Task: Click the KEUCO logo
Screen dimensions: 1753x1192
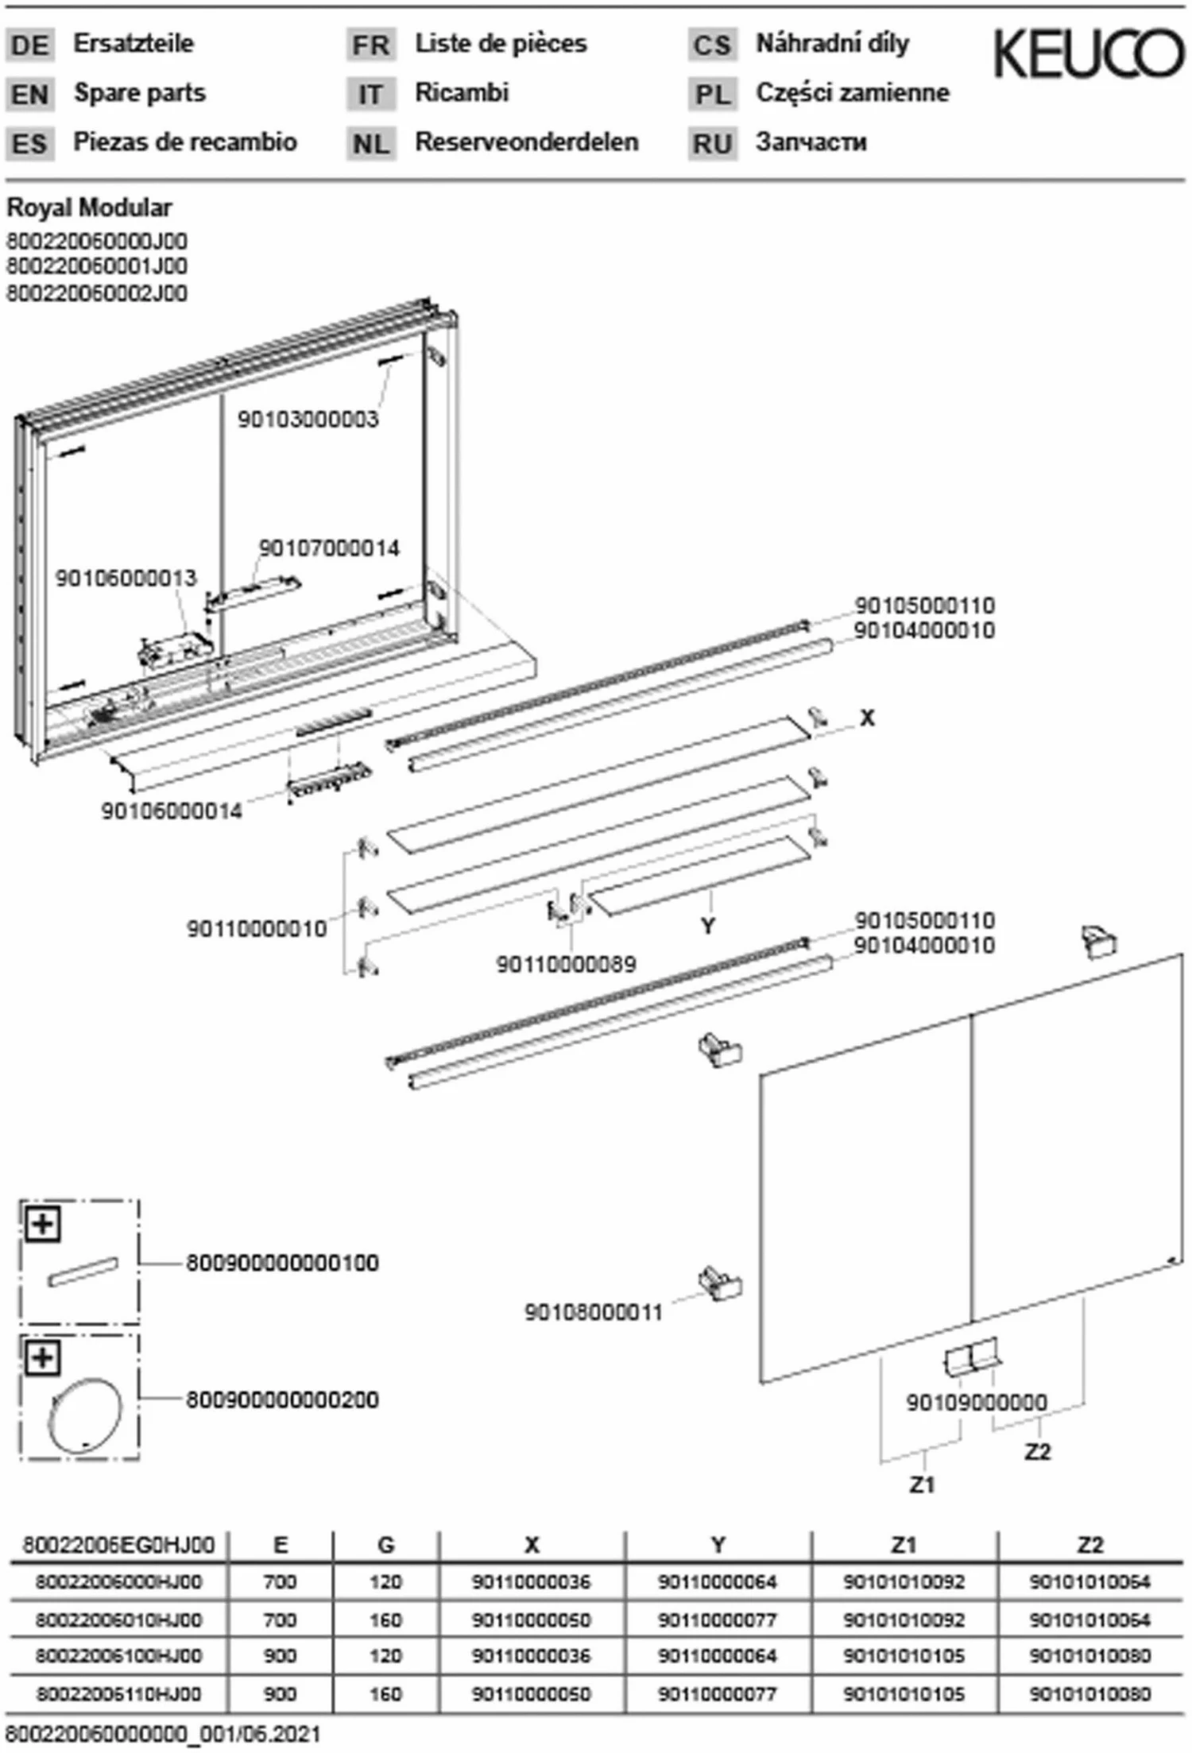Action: [1088, 54]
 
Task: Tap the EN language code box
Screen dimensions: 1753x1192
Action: [30, 95]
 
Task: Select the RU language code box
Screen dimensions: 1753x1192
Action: [712, 144]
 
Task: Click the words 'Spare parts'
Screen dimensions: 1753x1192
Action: [140, 93]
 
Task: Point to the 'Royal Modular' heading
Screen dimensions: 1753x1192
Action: [89, 208]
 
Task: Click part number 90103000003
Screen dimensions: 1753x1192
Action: [308, 419]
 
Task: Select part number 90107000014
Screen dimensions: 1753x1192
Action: [329, 548]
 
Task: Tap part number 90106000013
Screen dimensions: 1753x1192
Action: [126, 578]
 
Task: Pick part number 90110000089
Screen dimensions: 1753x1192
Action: [566, 964]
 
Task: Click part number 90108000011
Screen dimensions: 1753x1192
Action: [593, 1313]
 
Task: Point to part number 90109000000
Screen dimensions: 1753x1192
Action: [976, 1403]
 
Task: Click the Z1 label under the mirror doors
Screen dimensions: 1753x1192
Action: [922, 1484]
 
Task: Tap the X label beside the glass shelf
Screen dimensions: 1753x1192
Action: [867, 718]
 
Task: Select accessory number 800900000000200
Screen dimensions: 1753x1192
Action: [282, 1399]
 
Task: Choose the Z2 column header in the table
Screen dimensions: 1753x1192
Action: [1089, 1544]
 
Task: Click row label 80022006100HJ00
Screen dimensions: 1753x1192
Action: [118, 1656]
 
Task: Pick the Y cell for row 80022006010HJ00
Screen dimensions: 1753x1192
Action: [717, 1619]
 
